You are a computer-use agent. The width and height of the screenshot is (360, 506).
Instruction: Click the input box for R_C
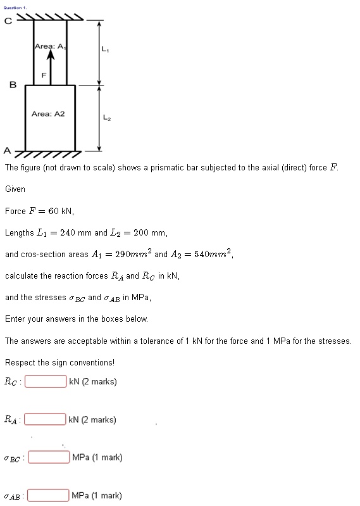point(46,381)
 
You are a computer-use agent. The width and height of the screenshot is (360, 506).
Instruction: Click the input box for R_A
point(46,419)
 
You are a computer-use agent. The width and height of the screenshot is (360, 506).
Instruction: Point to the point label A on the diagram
point(7,151)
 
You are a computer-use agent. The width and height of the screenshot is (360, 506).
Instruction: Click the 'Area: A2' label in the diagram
point(48,113)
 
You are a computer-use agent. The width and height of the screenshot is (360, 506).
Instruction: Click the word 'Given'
point(15,189)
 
